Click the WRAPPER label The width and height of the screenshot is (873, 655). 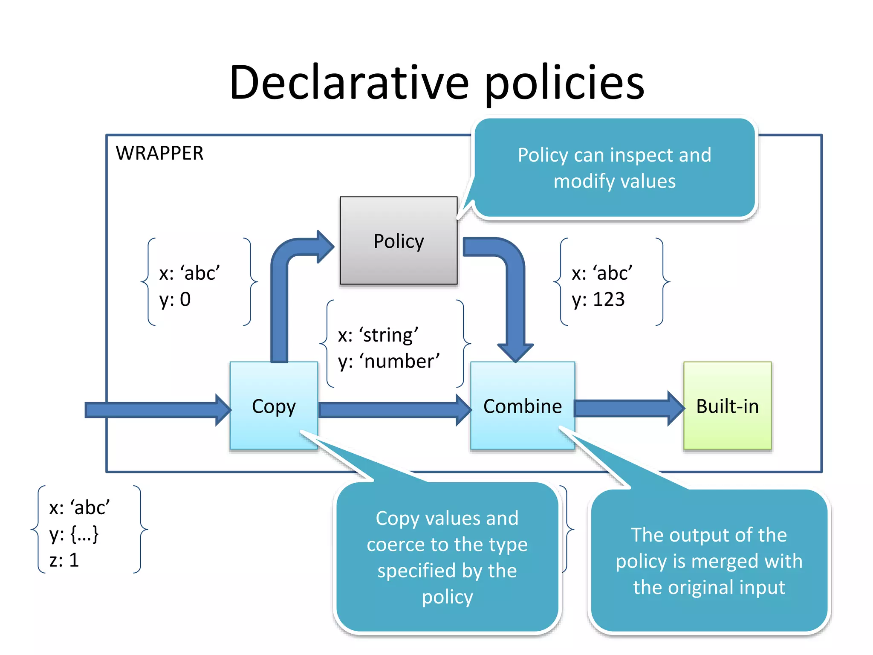coord(159,153)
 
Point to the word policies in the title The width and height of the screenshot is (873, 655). coord(564,84)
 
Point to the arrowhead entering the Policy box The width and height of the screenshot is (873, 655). coord(325,246)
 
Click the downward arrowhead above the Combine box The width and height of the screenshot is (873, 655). coord(515,352)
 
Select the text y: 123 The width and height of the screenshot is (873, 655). coord(598,299)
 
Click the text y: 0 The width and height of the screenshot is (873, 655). coord(175,299)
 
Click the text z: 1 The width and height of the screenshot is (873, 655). coord(64,560)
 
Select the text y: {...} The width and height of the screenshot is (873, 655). coord(74,534)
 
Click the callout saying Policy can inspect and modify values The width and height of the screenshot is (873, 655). coord(614,168)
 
